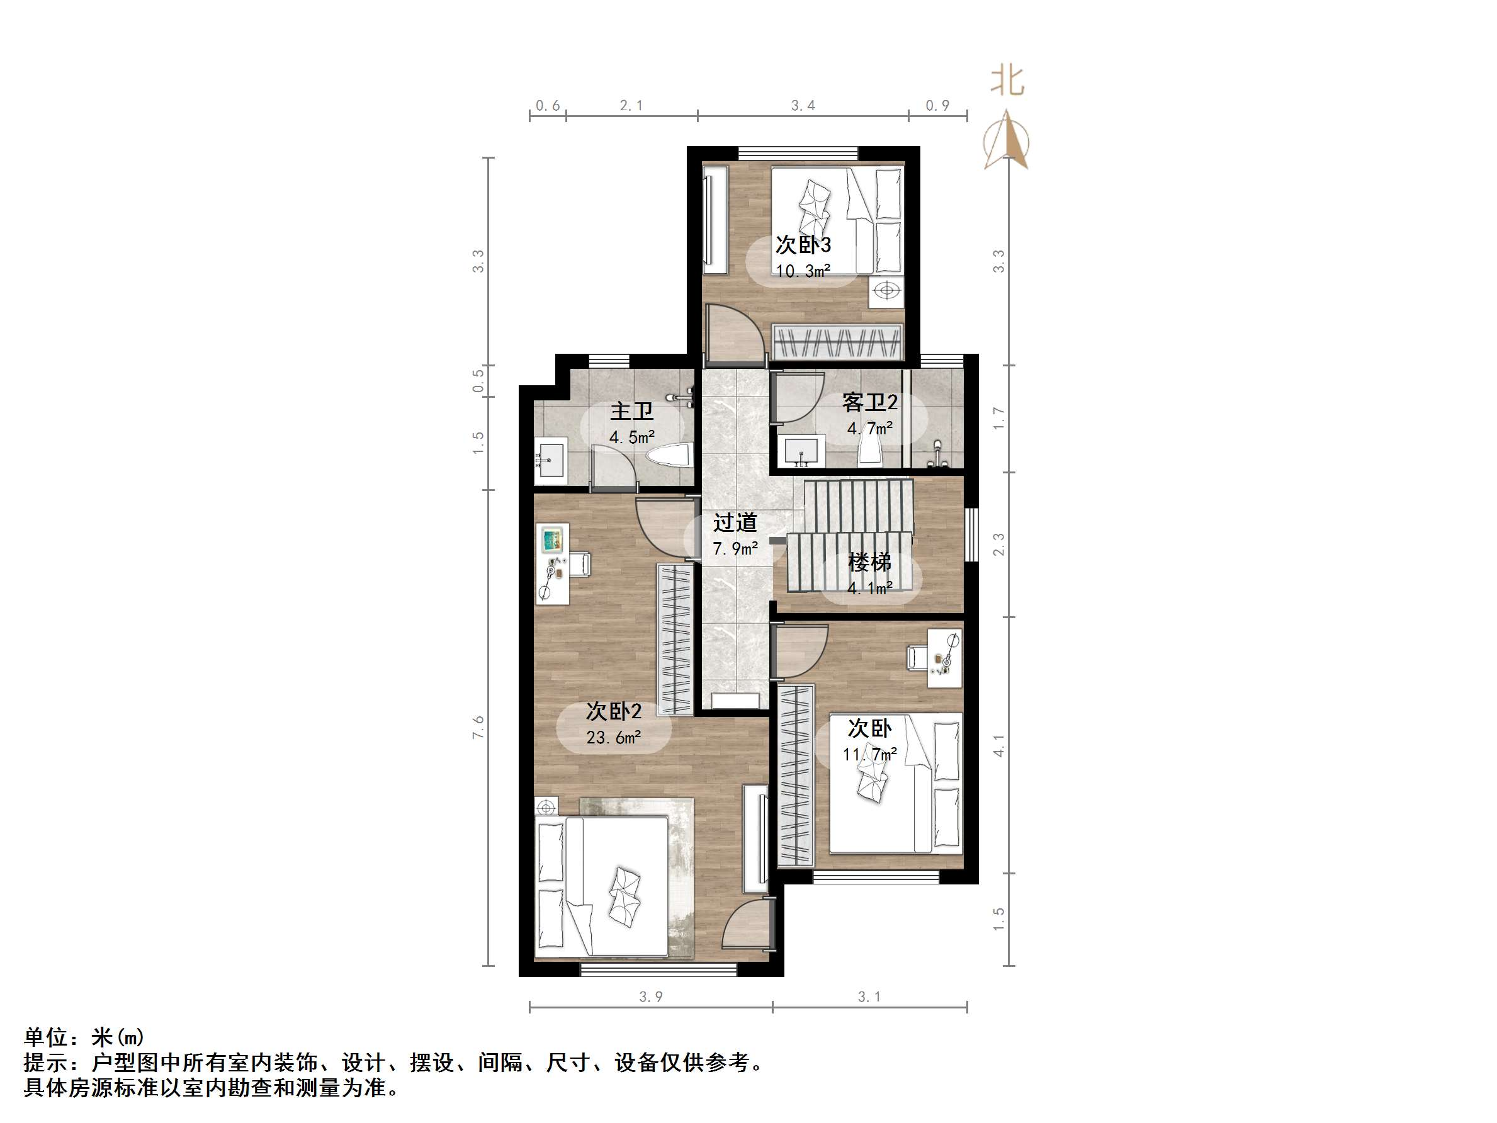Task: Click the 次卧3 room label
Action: [803, 244]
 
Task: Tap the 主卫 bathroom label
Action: [631, 411]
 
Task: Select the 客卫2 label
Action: [869, 403]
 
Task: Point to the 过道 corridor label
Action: [735, 522]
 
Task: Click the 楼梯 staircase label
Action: [869, 562]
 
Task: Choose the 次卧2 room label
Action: [613, 711]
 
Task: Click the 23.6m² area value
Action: [613, 737]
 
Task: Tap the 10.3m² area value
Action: [803, 271]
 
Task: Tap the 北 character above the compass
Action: [1007, 81]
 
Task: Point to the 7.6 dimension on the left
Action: [478, 727]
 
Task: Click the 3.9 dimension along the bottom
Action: [650, 996]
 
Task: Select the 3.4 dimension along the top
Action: [803, 106]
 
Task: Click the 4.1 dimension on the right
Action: [999, 745]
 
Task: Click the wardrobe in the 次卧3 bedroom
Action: [838, 342]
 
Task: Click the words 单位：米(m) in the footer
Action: [84, 1037]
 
